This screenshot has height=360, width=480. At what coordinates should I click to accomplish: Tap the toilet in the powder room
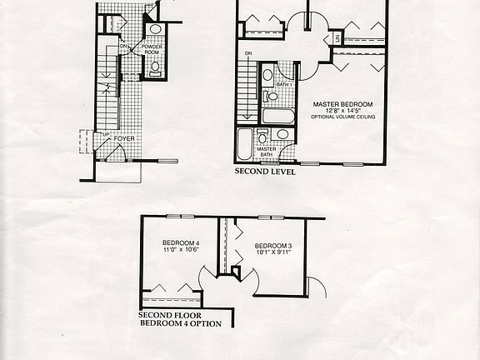pos(155,67)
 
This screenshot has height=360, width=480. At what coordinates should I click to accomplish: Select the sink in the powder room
pos(155,29)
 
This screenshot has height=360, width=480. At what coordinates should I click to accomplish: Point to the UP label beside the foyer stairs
pos(103,133)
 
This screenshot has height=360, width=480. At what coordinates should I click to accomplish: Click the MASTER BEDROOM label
pos(342,104)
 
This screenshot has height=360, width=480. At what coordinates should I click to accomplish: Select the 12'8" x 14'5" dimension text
pos(342,111)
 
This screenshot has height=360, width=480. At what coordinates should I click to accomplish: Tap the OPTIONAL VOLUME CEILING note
pos(342,117)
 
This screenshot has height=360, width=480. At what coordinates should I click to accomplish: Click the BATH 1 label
pos(283,84)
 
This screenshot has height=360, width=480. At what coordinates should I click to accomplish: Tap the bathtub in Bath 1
pos(277,116)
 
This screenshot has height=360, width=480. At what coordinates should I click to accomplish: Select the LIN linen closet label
pos(337,38)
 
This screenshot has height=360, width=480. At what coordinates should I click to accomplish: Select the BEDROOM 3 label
pos(272,245)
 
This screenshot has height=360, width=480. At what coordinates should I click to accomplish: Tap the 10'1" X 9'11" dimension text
pos(272,252)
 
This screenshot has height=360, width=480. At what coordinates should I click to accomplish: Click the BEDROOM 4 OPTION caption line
pos(181,322)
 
